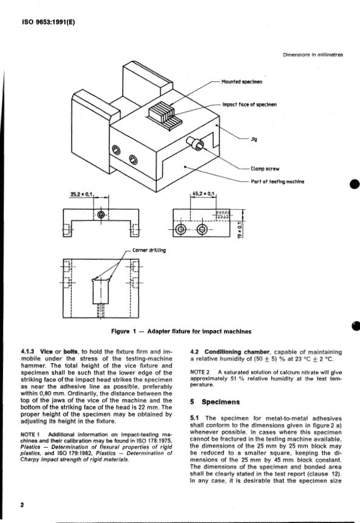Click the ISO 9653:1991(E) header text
click(49, 22)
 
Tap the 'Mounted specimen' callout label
click(242, 82)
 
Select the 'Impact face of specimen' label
click(250, 104)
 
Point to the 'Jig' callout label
click(254, 139)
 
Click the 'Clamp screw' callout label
click(265, 169)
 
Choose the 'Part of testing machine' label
click(277, 182)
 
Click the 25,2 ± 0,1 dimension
click(82, 194)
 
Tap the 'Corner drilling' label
click(149, 250)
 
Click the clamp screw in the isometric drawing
click(195, 143)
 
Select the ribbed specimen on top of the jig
click(164, 115)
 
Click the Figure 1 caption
click(181, 331)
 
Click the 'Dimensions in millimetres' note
click(313, 55)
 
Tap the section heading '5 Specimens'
click(215, 402)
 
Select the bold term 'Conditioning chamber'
click(237, 352)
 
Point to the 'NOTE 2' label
click(200, 372)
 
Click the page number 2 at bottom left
click(22, 505)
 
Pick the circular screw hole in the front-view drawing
click(101, 214)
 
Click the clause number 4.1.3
click(27, 351)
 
